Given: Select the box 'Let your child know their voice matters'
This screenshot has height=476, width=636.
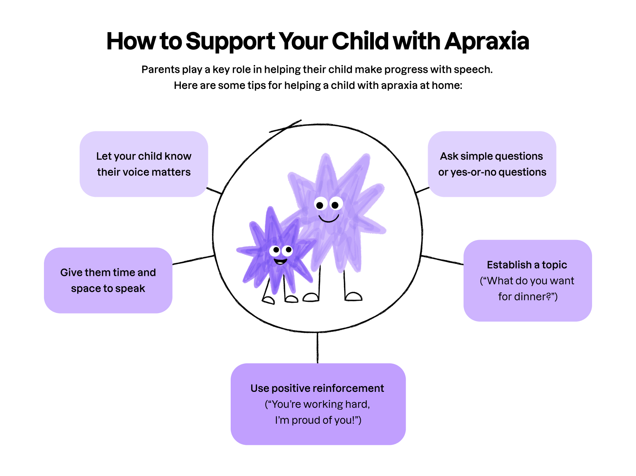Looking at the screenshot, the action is click(144, 164).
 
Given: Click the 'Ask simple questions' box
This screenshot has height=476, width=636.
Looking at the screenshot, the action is click(492, 164).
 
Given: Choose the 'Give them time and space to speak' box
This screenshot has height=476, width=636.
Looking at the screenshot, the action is click(108, 280).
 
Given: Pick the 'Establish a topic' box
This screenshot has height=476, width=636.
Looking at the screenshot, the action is click(528, 281).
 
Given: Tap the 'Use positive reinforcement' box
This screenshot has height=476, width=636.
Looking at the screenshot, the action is click(318, 404).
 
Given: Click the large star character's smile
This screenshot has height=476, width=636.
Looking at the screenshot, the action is click(328, 219).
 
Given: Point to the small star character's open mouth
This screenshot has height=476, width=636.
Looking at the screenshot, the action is click(280, 261).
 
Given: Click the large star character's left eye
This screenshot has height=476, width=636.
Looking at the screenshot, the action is click(321, 205).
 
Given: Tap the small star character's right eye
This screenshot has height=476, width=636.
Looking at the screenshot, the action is click(288, 250).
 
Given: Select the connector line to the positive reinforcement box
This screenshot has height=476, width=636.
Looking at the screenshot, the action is click(317, 348).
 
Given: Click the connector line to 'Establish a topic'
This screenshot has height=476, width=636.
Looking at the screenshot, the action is click(442, 260).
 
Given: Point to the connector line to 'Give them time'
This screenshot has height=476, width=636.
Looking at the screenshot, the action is click(193, 260).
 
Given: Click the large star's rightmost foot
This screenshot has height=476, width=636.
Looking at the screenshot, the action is click(353, 296).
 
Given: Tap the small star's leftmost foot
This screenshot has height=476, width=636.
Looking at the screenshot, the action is click(268, 300).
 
